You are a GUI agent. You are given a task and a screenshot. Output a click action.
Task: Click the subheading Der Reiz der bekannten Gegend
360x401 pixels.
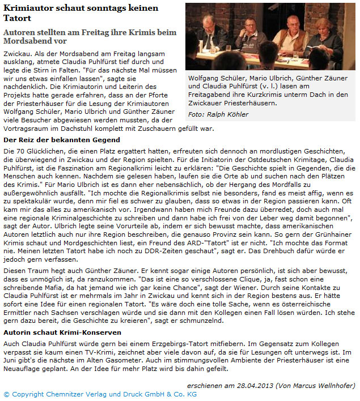coord(62,140)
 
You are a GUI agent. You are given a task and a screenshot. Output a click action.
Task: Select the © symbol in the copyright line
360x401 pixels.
coord(6,394)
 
